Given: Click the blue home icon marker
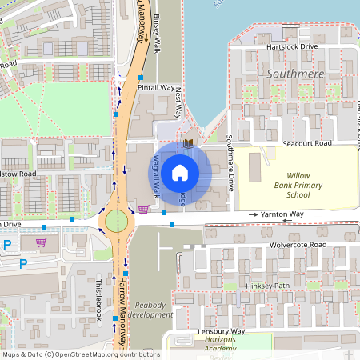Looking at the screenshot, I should coord(180,171).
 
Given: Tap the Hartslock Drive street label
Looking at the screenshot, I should coord(291,47).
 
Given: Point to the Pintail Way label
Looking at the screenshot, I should coord(156,87).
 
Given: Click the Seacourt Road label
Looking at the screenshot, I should coord(307,143).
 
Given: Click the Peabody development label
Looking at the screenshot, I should coord(150,310).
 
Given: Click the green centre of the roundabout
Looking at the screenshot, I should coord(117,220).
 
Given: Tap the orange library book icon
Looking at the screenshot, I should coord(189,143).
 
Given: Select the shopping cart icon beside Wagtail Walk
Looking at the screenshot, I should coord(143,210).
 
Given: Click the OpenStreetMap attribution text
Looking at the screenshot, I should coord(81,354).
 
